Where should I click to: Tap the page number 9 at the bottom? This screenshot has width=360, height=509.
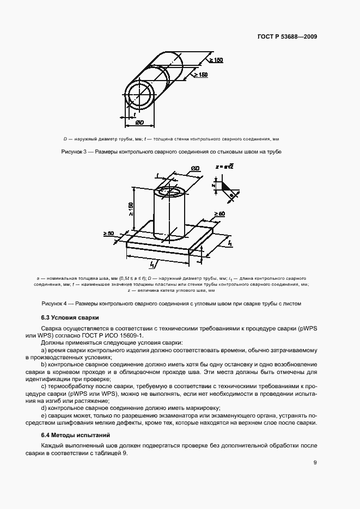point(315,463)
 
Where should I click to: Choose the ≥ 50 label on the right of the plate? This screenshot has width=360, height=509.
point(219,214)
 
